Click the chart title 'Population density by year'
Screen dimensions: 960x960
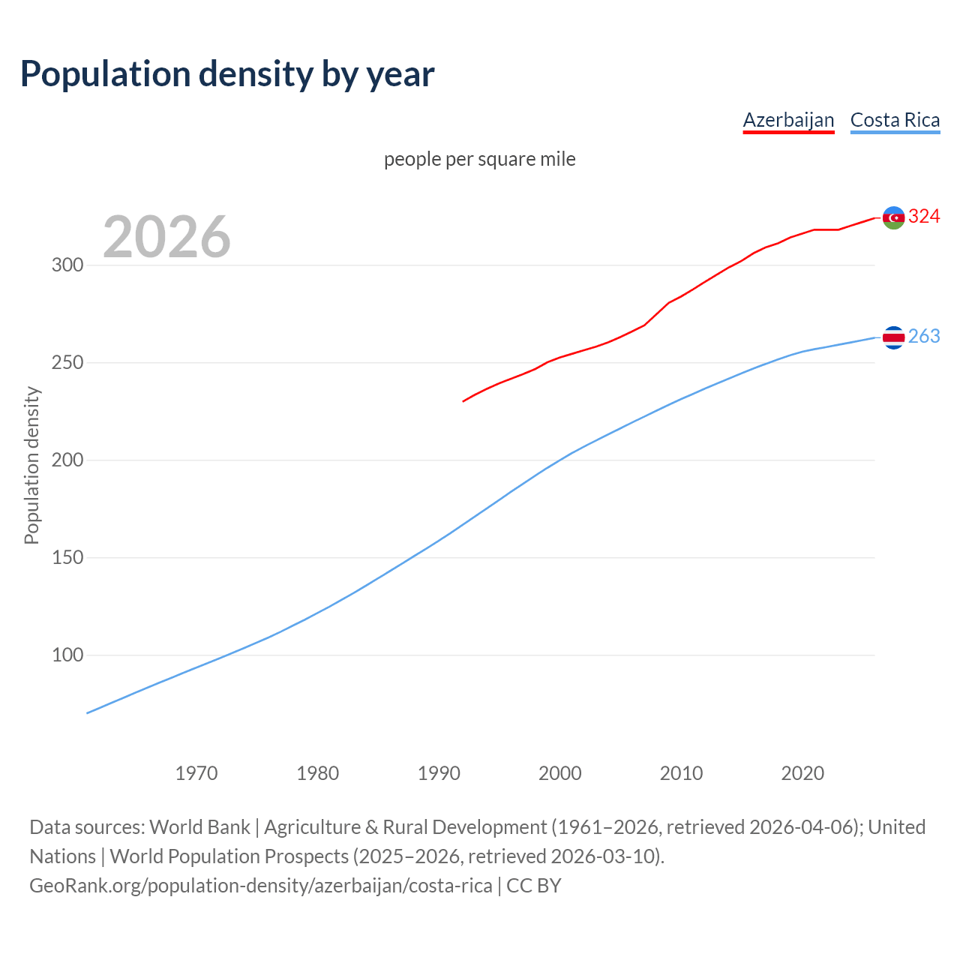click(227, 74)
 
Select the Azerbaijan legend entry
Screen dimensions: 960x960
click(788, 120)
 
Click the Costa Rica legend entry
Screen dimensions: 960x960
click(895, 120)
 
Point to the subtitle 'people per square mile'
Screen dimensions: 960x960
click(479, 159)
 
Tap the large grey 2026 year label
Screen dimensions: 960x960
click(166, 237)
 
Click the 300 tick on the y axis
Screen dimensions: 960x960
click(67, 265)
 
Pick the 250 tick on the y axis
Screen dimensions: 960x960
click(67, 363)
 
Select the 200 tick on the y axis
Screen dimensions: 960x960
click(67, 460)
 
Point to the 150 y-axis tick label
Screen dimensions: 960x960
click(67, 558)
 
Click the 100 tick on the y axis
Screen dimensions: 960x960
click(67, 655)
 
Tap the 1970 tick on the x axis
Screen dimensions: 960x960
click(196, 773)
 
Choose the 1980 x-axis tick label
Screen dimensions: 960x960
click(318, 773)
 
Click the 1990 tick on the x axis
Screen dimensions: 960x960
click(439, 773)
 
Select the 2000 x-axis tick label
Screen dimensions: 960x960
click(560, 773)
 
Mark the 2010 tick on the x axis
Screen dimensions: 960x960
click(681, 773)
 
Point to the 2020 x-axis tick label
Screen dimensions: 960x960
click(802, 773)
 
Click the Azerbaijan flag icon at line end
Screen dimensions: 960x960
click(893, 217)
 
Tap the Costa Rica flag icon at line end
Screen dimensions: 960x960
click(893, 337)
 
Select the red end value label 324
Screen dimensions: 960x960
click(924, 217)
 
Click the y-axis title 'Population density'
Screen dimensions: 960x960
click(31, 465)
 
